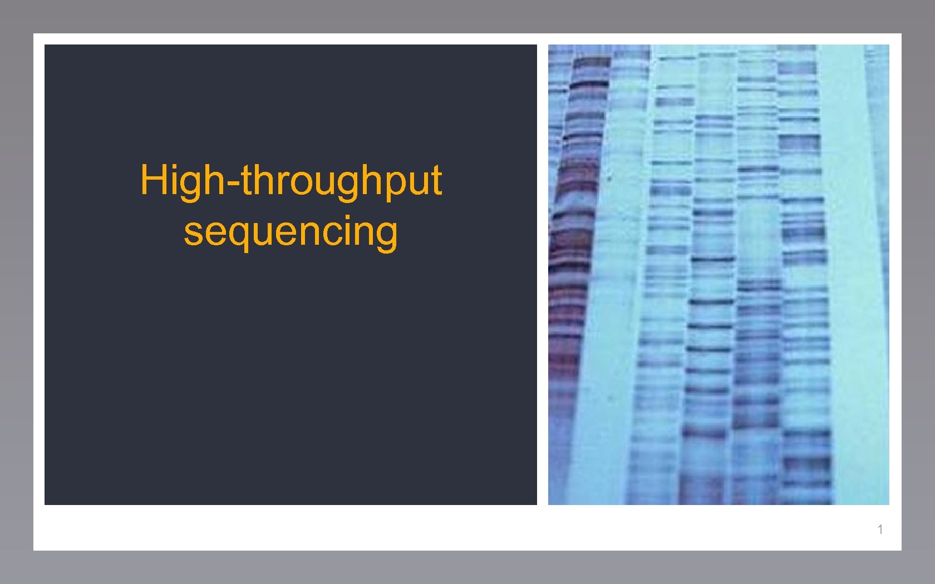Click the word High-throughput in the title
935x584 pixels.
point(291,181)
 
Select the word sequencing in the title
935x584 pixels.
point(291,231)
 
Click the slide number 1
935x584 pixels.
point(880,529)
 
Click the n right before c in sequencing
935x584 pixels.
point(313,232)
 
